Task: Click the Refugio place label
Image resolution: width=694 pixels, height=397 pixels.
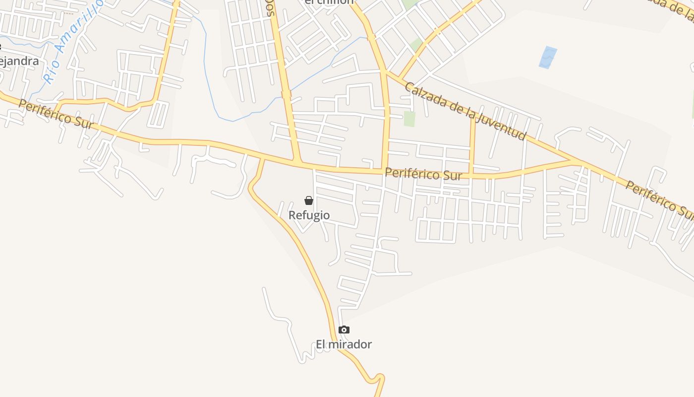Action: (309, 215)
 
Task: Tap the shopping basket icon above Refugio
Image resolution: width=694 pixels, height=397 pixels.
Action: (309, 200)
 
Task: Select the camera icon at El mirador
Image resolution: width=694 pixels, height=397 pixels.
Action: (344, 330)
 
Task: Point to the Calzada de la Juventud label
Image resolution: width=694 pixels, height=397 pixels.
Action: (464, 111)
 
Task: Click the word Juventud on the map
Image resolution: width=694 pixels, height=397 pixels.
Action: (504, 127)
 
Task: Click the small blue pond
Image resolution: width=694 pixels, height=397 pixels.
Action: (547, 58)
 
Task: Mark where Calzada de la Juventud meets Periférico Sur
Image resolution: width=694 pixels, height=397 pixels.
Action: (575, 162)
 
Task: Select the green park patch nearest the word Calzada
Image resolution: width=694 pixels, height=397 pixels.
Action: (409, 119)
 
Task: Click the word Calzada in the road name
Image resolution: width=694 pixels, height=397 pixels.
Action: (425, 94)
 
